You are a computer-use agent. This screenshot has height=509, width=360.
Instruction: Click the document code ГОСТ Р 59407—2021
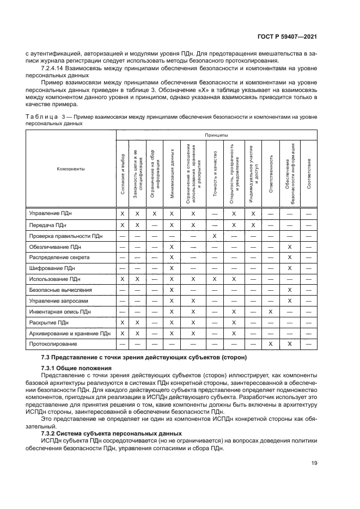[x=286, y=36]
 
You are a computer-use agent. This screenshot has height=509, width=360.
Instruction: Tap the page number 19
[x=314, y=463]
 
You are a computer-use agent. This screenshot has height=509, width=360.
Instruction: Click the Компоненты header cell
[x=71, y=169]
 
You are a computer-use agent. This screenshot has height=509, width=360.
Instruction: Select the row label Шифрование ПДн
[x=52, y=268]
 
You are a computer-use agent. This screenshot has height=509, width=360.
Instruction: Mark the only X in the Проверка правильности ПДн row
[x=215, y=236]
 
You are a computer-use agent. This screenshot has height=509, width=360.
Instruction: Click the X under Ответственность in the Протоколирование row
[x=271, y=344]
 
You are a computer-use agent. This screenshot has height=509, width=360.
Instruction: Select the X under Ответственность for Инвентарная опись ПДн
[x=271, y=311]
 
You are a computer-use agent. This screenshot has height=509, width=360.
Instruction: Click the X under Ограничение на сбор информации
[x=155, y=214]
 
